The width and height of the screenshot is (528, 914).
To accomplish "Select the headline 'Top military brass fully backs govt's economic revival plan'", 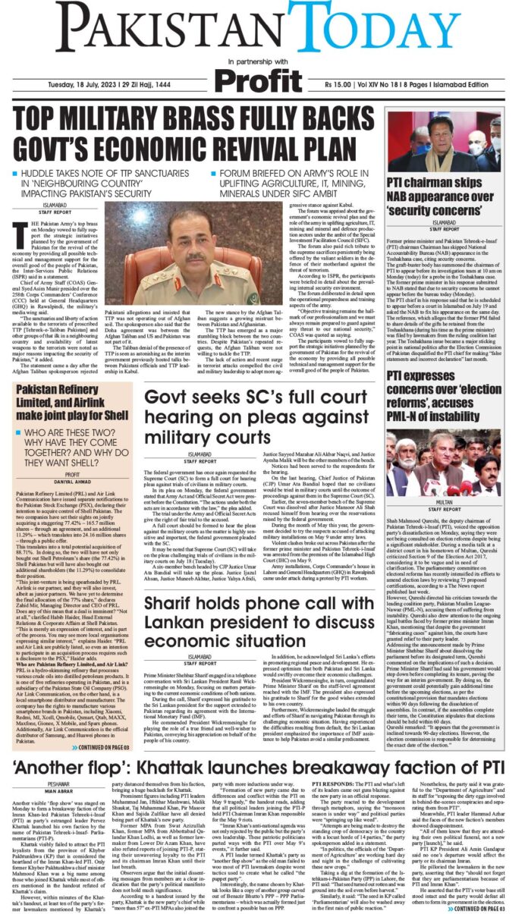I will pyautogui.click(x=198, y=136).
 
